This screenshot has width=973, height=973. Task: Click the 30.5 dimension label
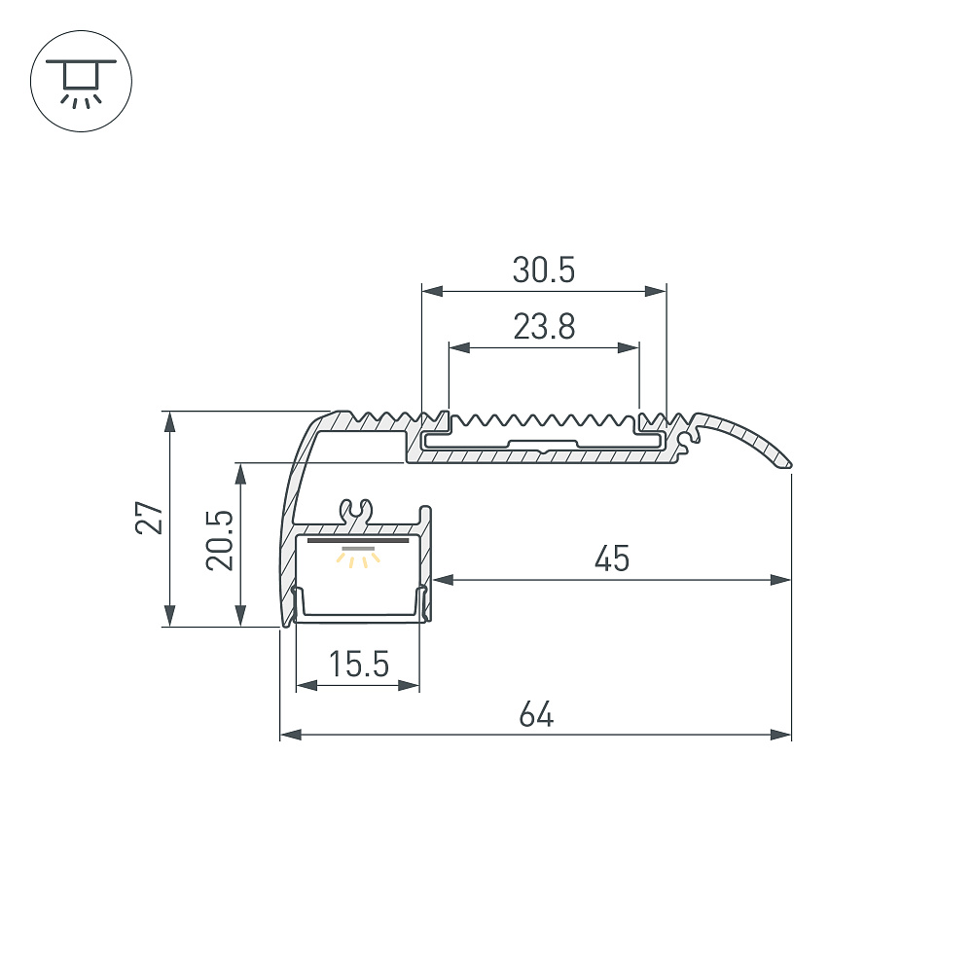pos(544,270)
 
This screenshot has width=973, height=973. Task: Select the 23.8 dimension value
pos(544,326)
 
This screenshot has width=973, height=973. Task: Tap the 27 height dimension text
pos(150,518)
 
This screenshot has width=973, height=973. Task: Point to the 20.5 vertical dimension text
pos(220,540)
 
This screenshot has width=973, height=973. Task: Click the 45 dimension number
pos(612,559)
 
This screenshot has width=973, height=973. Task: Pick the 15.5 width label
pos(359,664)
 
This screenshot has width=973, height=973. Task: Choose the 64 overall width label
pos(536,714)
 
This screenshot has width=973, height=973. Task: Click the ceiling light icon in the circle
pos(82,82)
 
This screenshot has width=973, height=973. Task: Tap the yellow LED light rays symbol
pos(359,558)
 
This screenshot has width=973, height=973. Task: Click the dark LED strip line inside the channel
pos(358,540)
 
